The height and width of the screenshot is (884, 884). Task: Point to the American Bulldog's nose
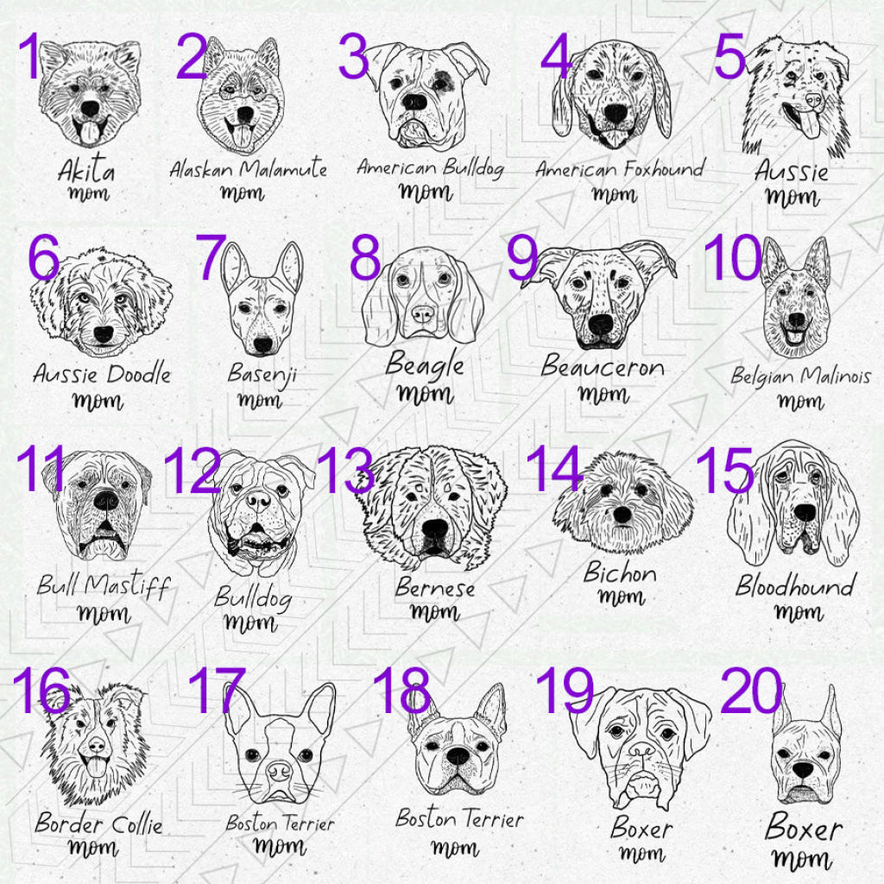click(x=415, y=101)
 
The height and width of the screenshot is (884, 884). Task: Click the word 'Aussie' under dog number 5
click(x=791, y=171)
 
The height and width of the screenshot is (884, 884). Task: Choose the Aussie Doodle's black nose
click(x=104, y=334)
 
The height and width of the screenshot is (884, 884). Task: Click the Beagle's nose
click(x=422, y=312)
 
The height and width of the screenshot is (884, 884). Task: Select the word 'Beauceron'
click(x=603, y=367)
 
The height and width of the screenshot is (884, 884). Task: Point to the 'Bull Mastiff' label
click(x=103, y=586)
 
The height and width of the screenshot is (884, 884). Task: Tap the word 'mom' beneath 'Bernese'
click(x=434, y=613)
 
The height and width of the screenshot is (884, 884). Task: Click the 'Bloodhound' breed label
click(x=794, y=586)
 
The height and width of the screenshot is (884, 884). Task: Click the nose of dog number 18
click(x=458, y=755)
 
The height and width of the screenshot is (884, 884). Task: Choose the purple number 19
click(x=565, y=691)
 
